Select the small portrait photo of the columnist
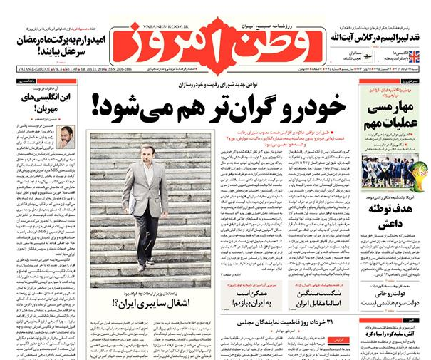tap(65, 136)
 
